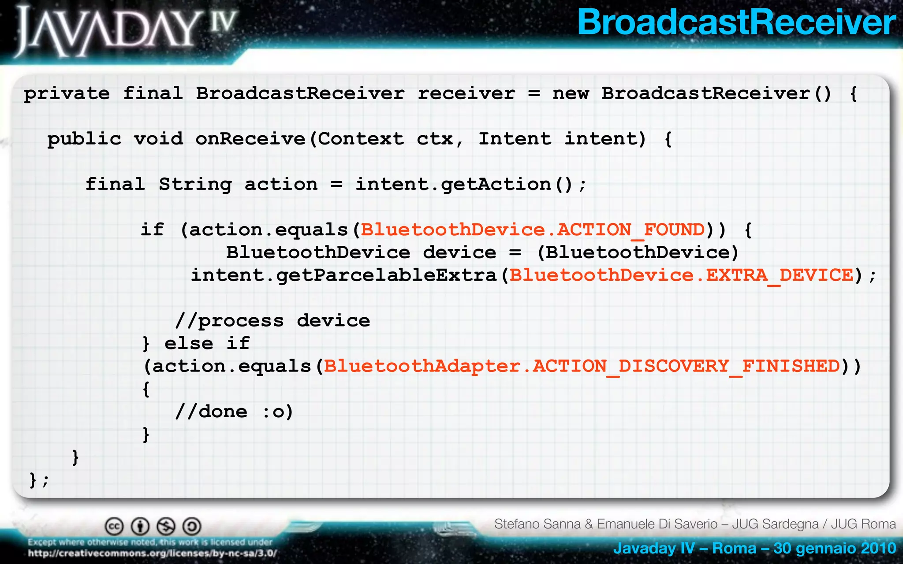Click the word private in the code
(x=67, y=94)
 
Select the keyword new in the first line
(x=571, y=94)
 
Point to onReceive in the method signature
(x=250, y=139)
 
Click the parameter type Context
(x=361, y=139)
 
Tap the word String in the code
(x=195, y=185)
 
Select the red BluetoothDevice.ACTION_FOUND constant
(x=533, y=230)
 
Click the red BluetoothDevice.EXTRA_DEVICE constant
(x=681, y=275)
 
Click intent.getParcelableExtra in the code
(x=343, y=275)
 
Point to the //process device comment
(x=272, y=321)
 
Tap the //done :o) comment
(x=234, y=412)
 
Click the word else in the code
(x=189, y=343)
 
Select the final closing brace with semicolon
(x=39, y=480)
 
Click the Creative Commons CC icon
(x=114, y=526)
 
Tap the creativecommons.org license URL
(x=152, y=553)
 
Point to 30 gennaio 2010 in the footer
(x=835, y=549)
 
